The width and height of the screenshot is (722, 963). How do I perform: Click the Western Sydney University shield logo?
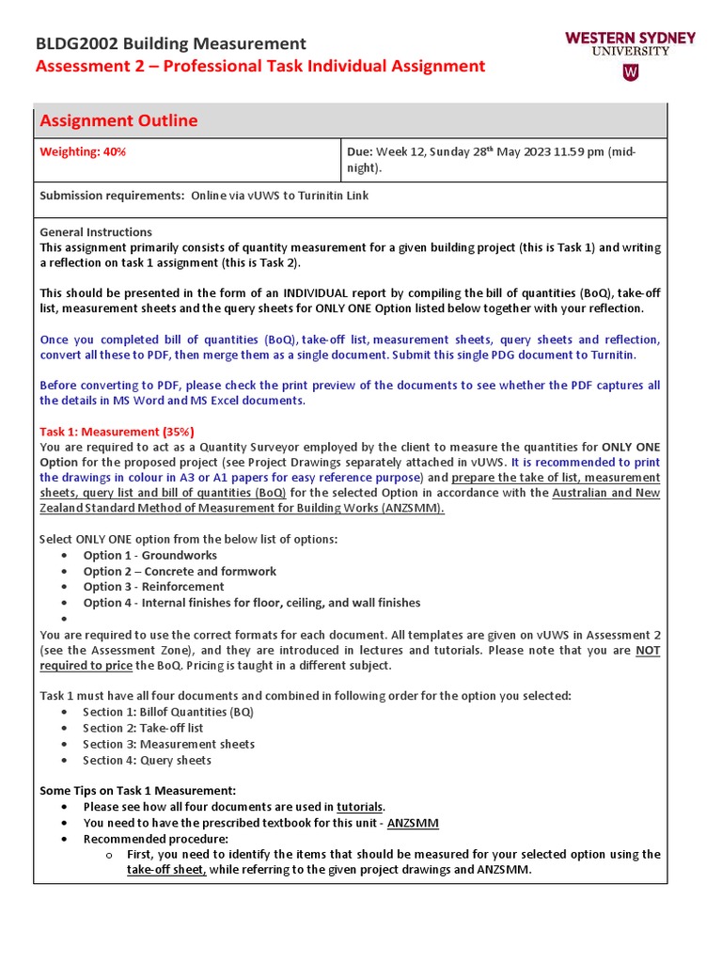click(631, 72)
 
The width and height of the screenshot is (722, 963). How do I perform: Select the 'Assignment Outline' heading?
click(118, 120)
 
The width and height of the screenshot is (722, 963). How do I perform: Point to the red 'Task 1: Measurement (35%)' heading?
click(117, 432)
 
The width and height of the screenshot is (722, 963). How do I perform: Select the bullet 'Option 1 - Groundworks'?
click(149, 556)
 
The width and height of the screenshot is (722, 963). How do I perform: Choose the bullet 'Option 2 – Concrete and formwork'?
click(180, 571)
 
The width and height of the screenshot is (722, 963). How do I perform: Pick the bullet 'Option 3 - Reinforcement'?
click(153, 587)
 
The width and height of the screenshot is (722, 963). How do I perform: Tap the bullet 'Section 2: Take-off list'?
click(143, 728)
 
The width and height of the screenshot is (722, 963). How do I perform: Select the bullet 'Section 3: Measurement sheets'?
click(168, 744)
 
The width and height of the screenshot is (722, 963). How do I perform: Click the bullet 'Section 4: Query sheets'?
click(147, 760)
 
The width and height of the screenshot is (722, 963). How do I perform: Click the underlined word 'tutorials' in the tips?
click(359, 807)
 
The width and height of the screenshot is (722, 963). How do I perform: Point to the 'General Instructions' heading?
click(96, 232)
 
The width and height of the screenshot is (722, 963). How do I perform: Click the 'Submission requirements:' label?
click(112, 196)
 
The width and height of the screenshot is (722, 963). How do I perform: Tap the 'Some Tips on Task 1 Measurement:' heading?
click(137, 791)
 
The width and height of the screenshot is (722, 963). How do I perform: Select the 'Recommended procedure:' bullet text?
click(155, 839)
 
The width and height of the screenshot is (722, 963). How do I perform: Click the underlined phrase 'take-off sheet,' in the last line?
click(166, 870)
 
